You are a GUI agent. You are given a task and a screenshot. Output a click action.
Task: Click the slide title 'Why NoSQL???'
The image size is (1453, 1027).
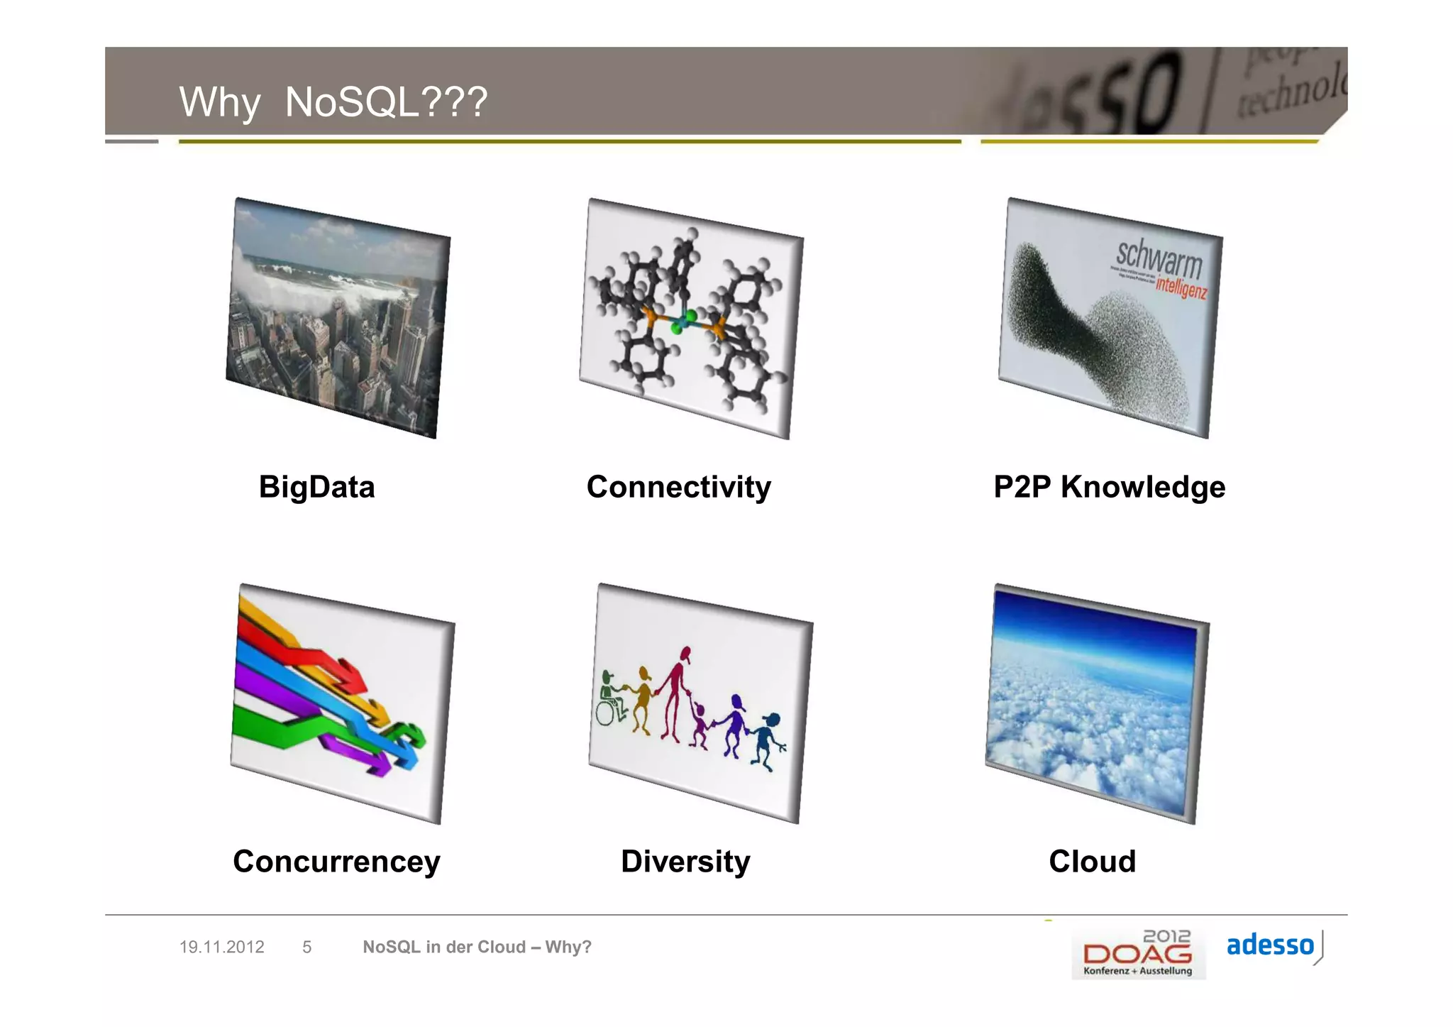coord(333,101)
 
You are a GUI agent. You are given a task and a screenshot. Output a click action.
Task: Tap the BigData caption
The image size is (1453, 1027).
coord(316,487)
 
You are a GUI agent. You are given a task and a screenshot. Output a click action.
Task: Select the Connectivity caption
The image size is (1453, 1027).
coord(678,487)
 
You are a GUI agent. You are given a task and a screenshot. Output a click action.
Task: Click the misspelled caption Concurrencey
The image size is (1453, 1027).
coord(336,862)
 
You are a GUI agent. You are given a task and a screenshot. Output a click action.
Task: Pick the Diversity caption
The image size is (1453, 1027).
coord(685,862)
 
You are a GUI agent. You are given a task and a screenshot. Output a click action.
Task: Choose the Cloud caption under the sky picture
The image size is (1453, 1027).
coord(1092,862)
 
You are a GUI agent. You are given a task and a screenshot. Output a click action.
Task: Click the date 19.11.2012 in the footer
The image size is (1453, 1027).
coord(221,947)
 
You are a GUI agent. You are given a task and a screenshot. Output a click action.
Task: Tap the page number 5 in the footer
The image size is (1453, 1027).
coord(306,947)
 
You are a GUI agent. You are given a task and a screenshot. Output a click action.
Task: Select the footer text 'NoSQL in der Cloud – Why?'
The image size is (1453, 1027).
coord(477,947)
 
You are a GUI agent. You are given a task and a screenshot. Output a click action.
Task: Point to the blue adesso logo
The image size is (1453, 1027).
coord(1270,945)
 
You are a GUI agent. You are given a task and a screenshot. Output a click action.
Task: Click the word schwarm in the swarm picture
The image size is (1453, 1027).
coord(1159,259)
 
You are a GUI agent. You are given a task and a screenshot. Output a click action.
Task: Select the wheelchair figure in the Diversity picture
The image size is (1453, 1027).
coord(609,703)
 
